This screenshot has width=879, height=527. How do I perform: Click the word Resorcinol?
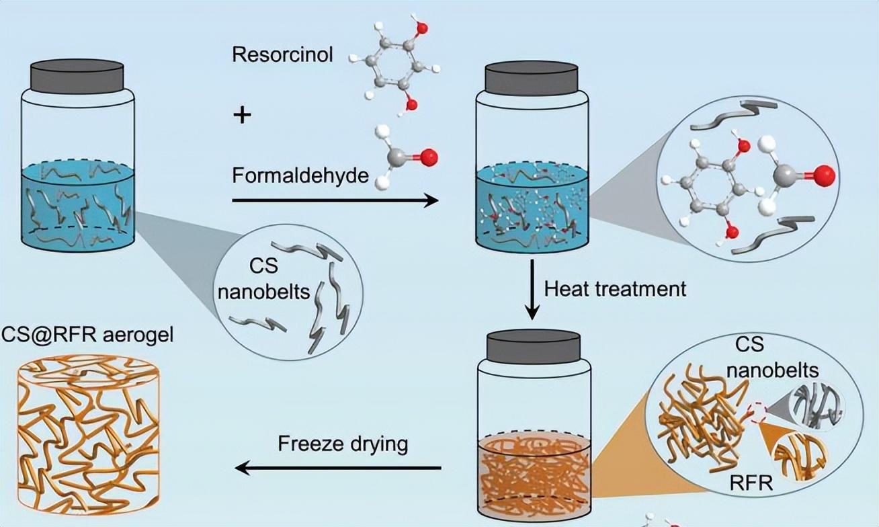(x=282, y=55)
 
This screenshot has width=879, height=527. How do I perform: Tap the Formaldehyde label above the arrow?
(x=300, y=176)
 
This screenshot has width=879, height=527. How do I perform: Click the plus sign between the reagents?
(x=243, y=116)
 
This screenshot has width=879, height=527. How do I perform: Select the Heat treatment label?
(x=616, y=289)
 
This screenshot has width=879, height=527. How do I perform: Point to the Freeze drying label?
(x=343, y=444)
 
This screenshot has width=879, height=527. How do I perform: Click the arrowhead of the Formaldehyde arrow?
(x=430, y=200)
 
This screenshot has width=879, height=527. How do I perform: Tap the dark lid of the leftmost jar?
(x=78, y=76)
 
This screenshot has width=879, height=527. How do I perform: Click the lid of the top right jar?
(x=532, y=79)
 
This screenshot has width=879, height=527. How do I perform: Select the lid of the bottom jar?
(x=534, y=348)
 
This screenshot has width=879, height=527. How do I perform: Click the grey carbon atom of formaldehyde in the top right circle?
(x=784, y=177)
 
